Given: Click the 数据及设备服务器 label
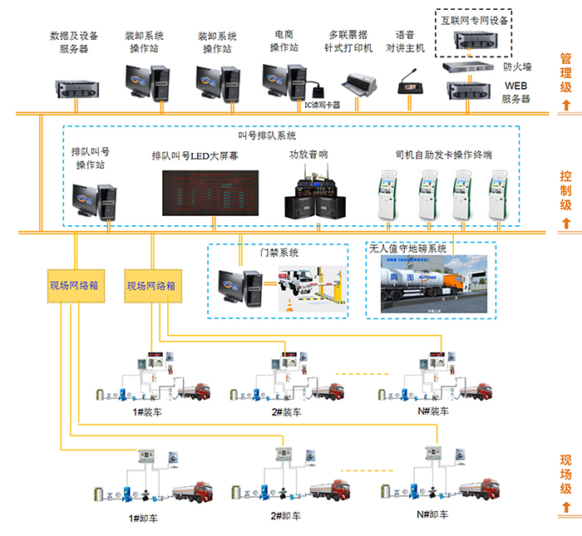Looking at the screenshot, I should point(74,42).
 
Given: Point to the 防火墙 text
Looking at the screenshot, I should point(517,66).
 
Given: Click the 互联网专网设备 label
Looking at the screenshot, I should point(474,18).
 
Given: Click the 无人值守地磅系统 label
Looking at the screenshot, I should point(407,248).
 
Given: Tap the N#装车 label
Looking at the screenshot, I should point(432,411).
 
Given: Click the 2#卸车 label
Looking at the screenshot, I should point(284,515).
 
